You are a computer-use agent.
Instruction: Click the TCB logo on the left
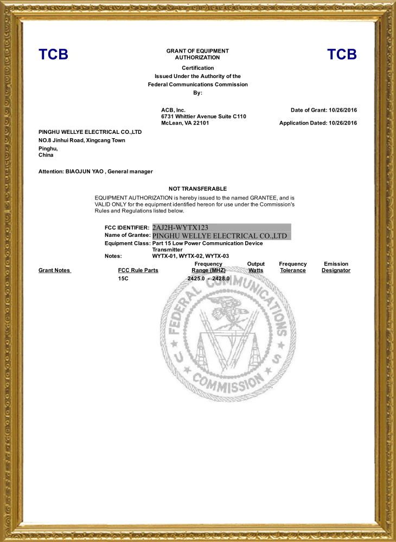[53, 54]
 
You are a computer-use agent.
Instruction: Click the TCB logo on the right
[342, 54]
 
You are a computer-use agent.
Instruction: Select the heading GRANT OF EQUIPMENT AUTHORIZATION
[197, 54]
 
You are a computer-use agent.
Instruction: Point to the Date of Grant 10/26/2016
[324, 110]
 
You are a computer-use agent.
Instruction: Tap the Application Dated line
[318, 123]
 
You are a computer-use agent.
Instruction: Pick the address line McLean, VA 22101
[185, 123]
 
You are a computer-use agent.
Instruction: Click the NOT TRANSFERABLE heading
[197, 189]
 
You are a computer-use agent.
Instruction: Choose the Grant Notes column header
[54, 270]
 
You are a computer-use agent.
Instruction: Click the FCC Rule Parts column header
[138, 270]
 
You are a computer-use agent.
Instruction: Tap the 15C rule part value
[123, 279]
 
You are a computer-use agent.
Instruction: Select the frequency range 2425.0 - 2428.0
[208, 279]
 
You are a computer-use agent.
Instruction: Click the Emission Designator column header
[336, 267]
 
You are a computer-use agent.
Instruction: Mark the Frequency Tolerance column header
[293, 267]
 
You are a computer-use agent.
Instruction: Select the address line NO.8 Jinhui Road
[81, 140]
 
